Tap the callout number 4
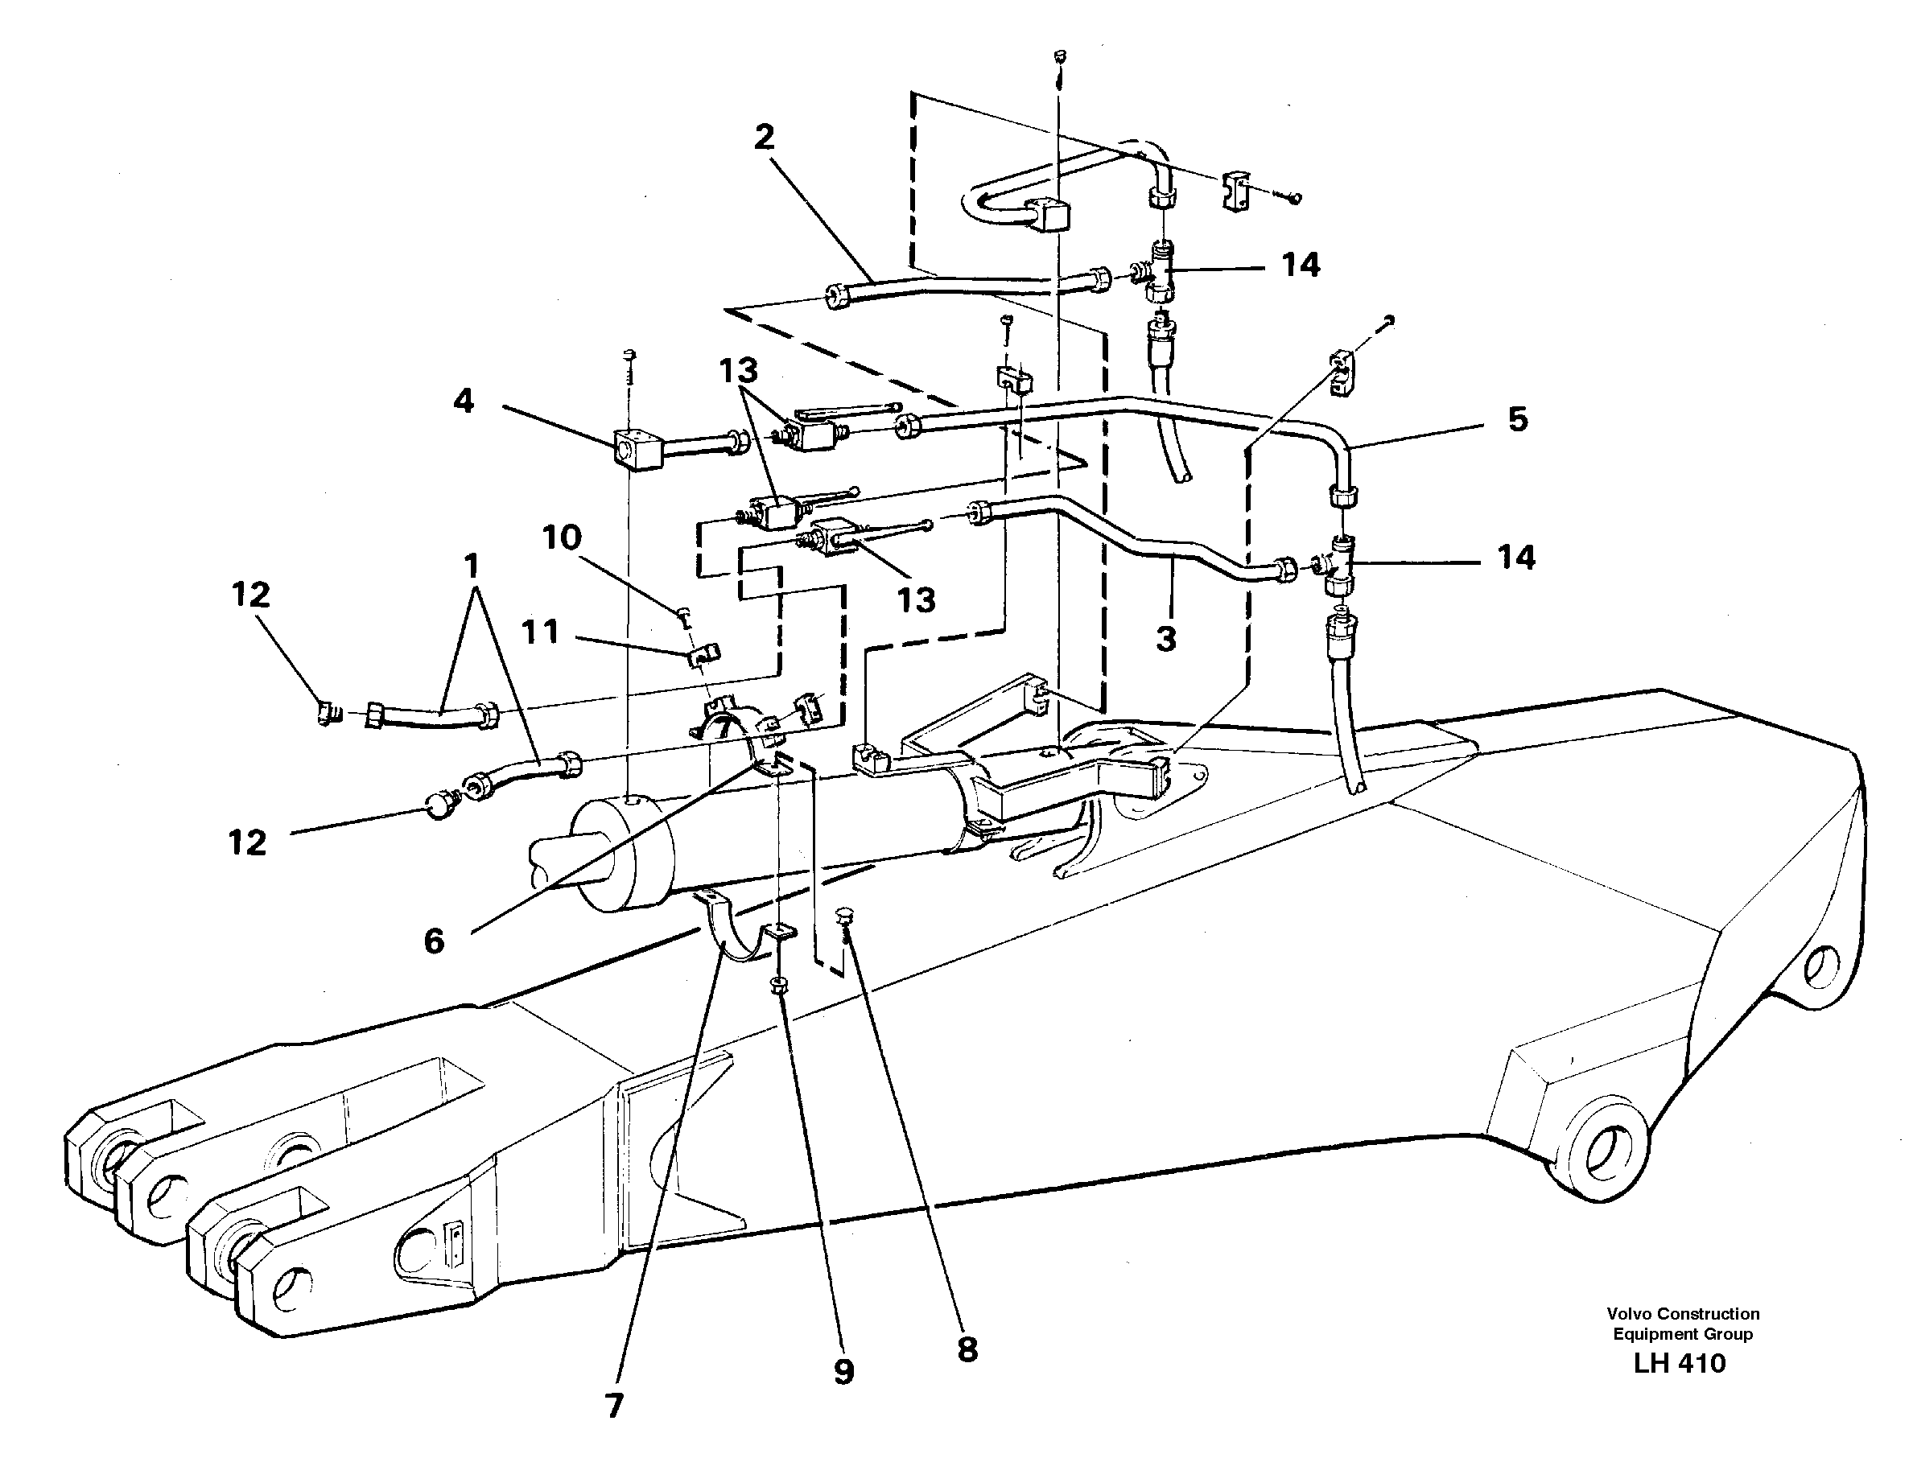coord(464,402)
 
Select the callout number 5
coord(1517,419)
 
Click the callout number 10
coord(562,537)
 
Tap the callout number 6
coord(434,941)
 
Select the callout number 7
coord(613,1406)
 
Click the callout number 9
coord(843,1373)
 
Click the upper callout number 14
coord(1301,265)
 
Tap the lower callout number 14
coord(1515,557)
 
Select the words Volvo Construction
coord(1682,1314)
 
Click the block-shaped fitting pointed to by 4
coord(637,448)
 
